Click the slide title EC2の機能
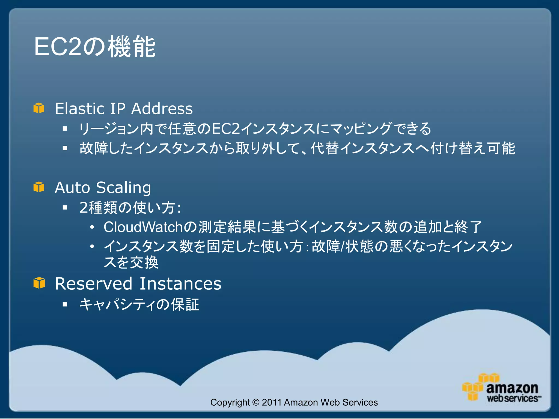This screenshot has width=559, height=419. [95, 47]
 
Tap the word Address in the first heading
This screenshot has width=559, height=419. [162, 109]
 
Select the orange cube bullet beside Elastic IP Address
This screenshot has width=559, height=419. [39, 108]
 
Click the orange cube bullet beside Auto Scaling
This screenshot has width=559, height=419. [39, 187]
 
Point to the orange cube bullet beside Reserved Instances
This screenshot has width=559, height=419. [39, 283]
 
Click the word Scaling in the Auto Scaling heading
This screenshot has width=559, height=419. [123, 188]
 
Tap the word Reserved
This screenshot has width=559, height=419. [93, 284]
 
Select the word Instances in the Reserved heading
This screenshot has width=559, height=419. [180, 284]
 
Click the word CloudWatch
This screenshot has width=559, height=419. [143, 227]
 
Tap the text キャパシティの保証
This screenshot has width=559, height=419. [139, 304]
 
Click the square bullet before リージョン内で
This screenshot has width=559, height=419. [65, 128]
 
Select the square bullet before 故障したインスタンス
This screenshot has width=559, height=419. [65, 148]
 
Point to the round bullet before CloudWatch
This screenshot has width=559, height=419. [92, 227]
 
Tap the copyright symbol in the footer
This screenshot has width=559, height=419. [256, 402]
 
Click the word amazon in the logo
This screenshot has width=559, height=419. [512, 388]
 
